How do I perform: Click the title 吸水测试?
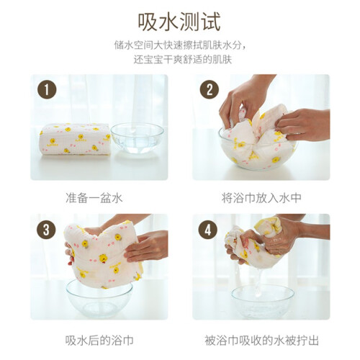tap(179, 22)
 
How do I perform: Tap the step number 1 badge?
tap(47, 90)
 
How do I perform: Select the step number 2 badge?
tap(210, 90)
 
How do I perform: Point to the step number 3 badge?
tap(46, 230)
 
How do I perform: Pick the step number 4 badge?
tap(208, 230)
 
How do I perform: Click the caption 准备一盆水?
tap(94, 198)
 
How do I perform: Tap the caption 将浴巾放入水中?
tap(261, 198)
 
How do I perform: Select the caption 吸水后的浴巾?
tap(99, 341)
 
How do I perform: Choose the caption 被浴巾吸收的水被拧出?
tap(261, 341)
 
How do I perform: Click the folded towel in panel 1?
tap(75, 139)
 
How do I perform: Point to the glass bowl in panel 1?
tap(137, 138)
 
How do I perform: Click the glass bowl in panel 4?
tap(263, 301)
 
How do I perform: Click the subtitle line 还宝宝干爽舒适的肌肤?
tap(183, 60)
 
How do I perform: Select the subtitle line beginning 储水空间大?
tap(180, 45)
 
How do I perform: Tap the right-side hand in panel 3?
tap(146, 246)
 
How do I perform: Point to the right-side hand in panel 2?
tap(304, 125)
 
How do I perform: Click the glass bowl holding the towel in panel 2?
tap(258, 153)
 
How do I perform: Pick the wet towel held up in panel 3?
tap(102, 253)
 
